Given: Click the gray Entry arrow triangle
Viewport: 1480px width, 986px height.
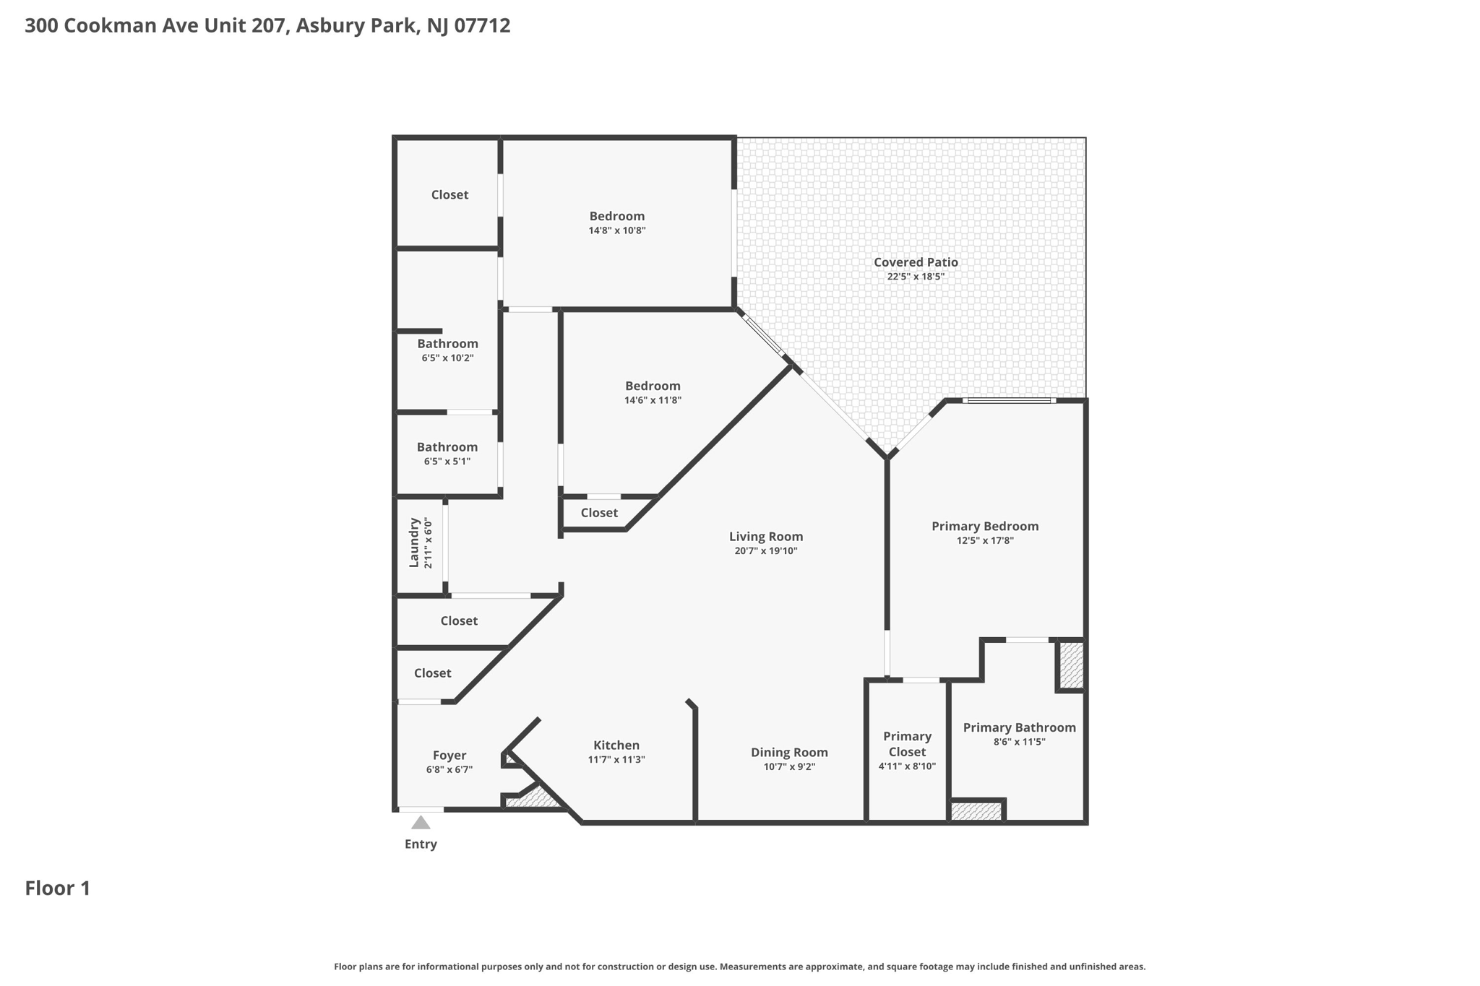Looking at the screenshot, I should [x=421, y=823].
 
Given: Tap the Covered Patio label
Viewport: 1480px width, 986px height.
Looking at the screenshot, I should [x=916, y=262].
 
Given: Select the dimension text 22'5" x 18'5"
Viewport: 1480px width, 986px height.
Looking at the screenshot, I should [x=916, y=277].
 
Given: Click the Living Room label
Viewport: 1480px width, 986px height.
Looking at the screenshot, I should [x=765, y=536].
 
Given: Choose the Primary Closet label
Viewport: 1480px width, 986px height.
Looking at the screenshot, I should [x=907, y=743].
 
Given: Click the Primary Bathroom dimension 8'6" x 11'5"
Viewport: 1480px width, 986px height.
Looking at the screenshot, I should [x=1019, y=742].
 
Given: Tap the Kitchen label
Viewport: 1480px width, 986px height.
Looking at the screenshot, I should [x=616, y=745].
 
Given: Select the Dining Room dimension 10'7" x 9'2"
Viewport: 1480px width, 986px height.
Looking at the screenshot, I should [x=789, y=766].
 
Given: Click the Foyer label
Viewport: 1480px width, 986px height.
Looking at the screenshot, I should [x=449, y=755].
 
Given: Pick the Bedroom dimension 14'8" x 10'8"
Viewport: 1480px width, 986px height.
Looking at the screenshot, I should [x=616, y=230].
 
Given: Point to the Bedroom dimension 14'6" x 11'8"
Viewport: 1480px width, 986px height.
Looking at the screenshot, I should [x=653, y=400].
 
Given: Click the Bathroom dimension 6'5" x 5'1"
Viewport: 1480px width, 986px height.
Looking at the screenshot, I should [x=447, y=461].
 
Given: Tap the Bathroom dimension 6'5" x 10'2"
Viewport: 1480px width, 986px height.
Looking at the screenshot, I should [x=447, y=358].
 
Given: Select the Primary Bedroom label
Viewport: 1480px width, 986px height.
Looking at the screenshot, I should [x=984, y=526].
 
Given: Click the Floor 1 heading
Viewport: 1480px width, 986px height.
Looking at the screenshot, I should [x=58, y=888].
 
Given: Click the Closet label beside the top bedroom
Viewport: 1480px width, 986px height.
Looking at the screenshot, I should [x=449, y=194].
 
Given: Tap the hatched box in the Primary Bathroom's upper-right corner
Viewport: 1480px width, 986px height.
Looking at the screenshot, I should [x=1072, y=665].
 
